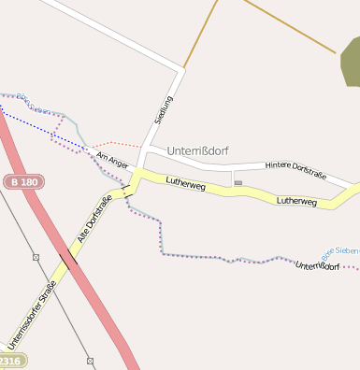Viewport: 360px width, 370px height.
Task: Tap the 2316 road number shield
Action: click(x=9, y=361)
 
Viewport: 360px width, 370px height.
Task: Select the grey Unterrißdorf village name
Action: click(x=197, y=150)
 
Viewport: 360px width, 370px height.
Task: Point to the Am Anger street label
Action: click(x=111, y=160)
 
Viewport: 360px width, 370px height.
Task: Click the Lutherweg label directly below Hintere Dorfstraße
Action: click(x=296, y=201)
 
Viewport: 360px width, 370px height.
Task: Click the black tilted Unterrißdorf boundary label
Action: click(x=317, y=272)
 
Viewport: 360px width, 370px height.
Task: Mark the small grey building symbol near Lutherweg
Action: click(x=238, y=182)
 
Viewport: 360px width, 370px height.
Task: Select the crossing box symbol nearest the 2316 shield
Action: click(x=90, y=360)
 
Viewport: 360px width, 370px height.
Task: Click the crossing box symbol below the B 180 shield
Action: click(x=36, y=256)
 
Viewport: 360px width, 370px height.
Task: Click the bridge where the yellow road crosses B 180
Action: click(x=68, y=263)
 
